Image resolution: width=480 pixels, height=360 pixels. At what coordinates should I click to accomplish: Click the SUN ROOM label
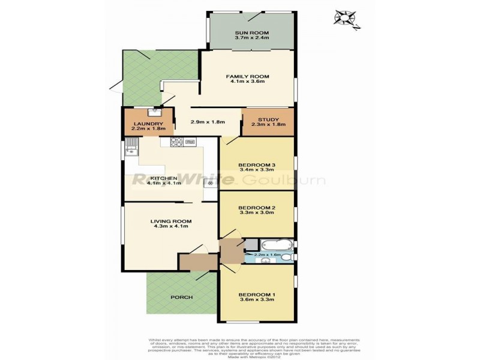pyautogui.click(x=252, y=33)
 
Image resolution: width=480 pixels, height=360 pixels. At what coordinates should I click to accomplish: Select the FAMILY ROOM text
pyautogui.click(x=247, y=76)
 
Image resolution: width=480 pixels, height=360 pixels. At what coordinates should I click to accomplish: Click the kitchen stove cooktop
pyautogui.click(x=177, y=142)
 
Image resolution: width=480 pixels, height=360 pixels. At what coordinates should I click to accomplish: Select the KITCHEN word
pyautogui.click(x=164, y=178)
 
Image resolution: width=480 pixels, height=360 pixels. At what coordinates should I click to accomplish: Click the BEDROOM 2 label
pyautogui.click(x=257, y=207)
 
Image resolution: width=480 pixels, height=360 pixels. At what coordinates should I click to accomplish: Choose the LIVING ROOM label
pyautogui.click(x=171, y=221)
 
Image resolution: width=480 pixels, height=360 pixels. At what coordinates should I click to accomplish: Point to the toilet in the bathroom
pyautogui.click(x=287, y=257)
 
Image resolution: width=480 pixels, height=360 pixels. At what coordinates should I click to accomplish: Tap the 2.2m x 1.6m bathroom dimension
pyautogui.click(x=268, y=255)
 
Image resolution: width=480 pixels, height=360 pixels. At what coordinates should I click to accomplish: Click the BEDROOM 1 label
pyautogui.click(x=257, y=295)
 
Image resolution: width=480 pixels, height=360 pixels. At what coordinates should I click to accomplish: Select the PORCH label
pyautogui.click(x=181, y=297)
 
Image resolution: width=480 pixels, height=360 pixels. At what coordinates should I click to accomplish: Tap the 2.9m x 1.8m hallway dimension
pyautogui.click(x=208, y=122)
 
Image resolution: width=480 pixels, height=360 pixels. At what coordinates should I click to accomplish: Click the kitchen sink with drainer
pyautogui.click(x=130, y=148)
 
